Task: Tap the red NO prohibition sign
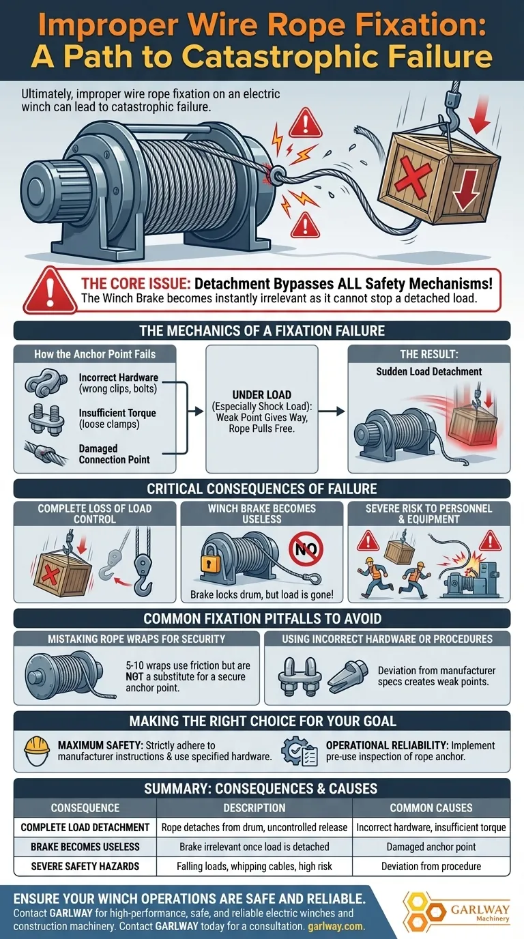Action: click(306, 549)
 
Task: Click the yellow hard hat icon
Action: click(37, 751)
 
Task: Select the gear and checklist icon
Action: click(299, 751)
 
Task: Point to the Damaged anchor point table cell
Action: click(431, 847)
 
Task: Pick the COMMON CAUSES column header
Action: click(431, 808)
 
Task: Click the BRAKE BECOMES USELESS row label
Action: click(85, 847)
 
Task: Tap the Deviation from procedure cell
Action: click(431, 866)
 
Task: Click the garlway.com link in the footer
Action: click(336, 926)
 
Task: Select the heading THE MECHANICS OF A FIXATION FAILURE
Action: click(262, 331)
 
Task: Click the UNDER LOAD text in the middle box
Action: click(261, 395)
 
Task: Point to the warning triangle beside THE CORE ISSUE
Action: click(50, 290)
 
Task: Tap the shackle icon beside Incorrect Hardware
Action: click(46, 382)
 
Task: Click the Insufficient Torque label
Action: click(117, 413)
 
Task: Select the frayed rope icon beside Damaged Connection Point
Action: click(45, 453)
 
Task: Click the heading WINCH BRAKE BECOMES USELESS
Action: click(261, 514)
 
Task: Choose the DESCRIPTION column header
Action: click(254, 808)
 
